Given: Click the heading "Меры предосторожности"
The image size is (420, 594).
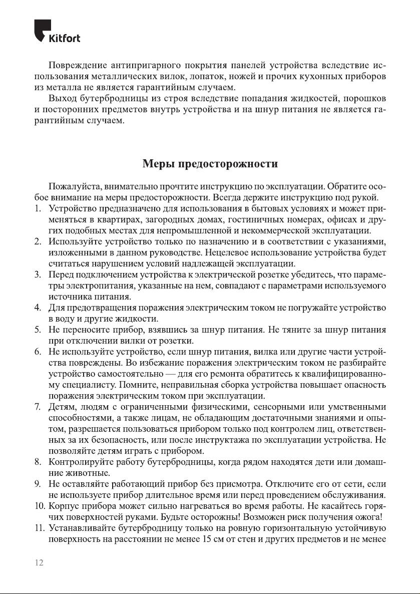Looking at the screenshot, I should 210,164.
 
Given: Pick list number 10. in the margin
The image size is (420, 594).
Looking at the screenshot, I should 40,506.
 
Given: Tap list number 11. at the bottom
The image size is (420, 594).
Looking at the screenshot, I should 40,528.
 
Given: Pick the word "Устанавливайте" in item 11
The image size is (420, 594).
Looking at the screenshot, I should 81,528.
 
